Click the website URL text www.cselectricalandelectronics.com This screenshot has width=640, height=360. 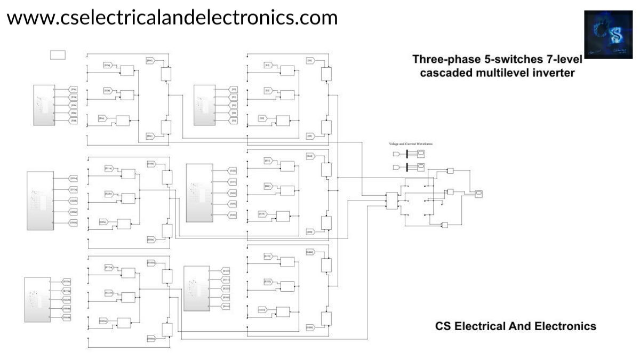click(172, 18)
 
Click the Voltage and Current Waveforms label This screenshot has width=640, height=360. click(411, 144)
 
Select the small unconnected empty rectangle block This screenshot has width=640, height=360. click(58, 54)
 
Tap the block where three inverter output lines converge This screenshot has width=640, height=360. click(393, 201)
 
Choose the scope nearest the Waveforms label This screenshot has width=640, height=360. click(420, 154)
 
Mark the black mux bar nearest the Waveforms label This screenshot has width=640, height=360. click(407, 154)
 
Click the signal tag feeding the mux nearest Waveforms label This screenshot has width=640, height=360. click(397, 154)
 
